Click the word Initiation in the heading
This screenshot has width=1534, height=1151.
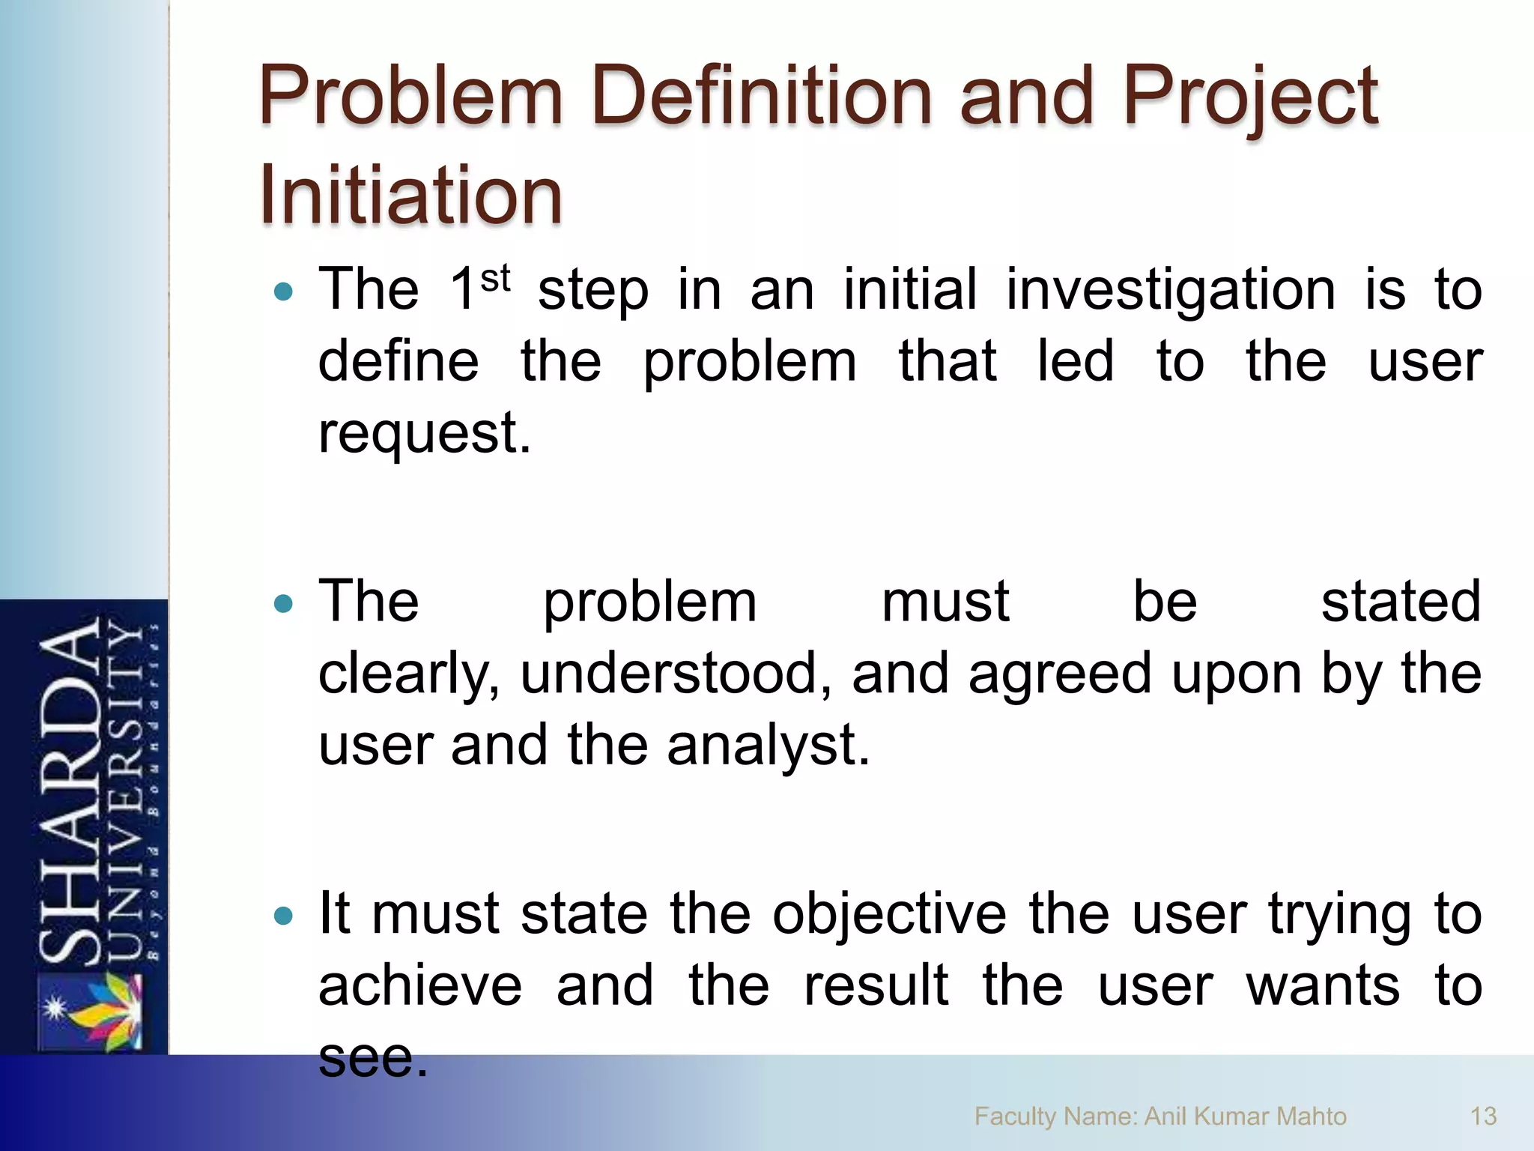410,195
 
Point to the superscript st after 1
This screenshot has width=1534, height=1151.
495,279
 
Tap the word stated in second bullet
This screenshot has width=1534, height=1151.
1401,602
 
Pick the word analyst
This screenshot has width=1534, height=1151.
768,746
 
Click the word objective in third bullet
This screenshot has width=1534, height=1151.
889,914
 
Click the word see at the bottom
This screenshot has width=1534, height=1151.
372,1057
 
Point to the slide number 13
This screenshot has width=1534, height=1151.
1483,1117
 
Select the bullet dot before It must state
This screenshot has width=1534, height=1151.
283,916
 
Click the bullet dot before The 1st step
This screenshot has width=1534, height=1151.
283,291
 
